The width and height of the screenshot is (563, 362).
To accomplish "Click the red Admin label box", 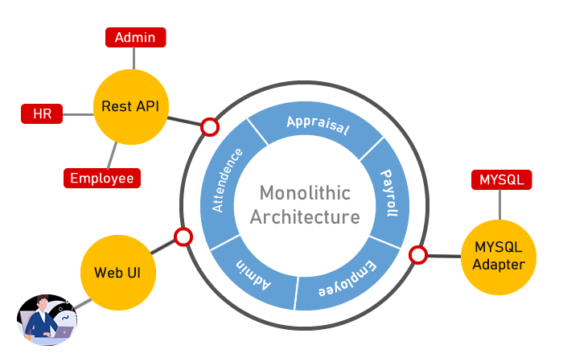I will click(135, 38).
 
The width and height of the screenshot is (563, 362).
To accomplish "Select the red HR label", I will click(42, 114).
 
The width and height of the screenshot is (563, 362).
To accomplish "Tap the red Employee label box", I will click(101, 178).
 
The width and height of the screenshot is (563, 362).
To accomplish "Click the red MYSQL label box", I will click(500, 179).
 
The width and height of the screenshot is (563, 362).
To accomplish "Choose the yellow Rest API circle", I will click(131, 106).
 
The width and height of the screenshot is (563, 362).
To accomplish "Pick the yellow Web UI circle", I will click(118, 272).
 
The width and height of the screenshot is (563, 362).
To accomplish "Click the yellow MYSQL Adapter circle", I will click(499, 257).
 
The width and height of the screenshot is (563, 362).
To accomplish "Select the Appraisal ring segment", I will click(318, 129).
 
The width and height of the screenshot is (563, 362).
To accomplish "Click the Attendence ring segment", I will click(229, 179).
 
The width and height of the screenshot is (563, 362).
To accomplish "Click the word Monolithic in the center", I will click(305, 193).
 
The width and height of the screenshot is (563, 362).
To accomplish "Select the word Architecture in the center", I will click(305, 216).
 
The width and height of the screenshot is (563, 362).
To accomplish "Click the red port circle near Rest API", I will click(209, 126).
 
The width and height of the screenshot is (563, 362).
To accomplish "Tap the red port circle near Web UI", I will click(183, 237).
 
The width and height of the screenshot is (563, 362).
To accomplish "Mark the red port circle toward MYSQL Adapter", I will click(417, 255).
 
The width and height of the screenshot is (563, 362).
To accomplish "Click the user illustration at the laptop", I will click(47, 320).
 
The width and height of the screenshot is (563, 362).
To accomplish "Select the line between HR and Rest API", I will click(77, 114).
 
